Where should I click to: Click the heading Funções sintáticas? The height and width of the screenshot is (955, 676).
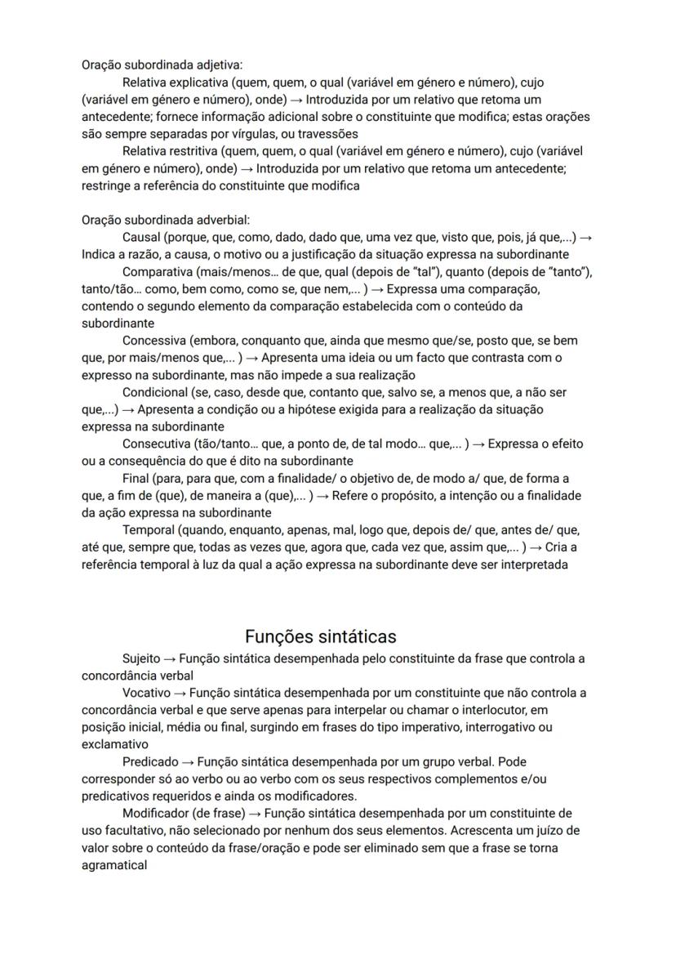(x=321, y=636)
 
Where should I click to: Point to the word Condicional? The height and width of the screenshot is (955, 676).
(x=155, y=392)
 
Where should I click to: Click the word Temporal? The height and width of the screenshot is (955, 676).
(x=148, y=530)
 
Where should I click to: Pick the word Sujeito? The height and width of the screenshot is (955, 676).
(x=141, y=658)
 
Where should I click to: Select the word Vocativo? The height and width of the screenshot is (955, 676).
(x=145, y=693)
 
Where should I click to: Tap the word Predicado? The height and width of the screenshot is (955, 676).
(x=150, y=761)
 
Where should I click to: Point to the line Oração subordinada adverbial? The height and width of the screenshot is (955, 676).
(x=166, y=220)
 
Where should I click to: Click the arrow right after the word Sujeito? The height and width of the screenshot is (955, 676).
(x=170, y=658)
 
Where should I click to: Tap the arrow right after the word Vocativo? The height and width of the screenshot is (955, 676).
(x=180, y=693)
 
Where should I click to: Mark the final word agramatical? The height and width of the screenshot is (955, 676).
(x=114, y=864)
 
